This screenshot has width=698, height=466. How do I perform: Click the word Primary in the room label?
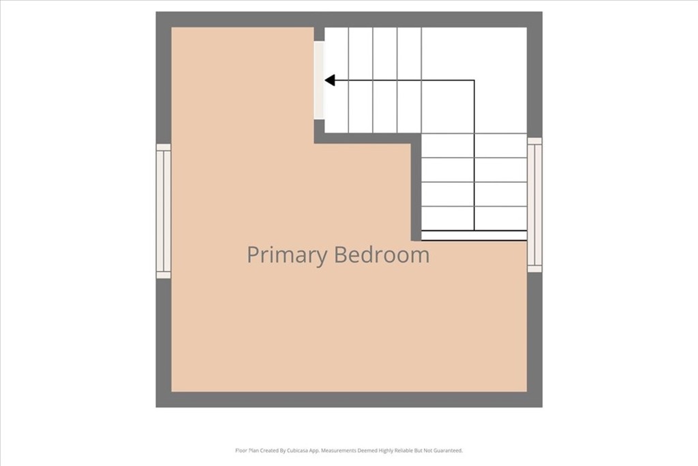pyautogui.click(x=287, y=255)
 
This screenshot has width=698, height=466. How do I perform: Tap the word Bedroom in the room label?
pyautogui.click(x=382, y=254)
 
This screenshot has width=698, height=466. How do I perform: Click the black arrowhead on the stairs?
pyautogui.click(x=330, y=81)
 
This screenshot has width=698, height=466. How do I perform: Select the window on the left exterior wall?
pyautogui.click(x=164, y=212)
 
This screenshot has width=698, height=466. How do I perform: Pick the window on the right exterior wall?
pyautogui.click(x=534, y=205)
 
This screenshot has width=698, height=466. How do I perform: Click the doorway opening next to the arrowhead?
pyautogui.click(x=319, y=81)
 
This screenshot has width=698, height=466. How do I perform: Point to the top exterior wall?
pyautogui.click(x=349, y=20)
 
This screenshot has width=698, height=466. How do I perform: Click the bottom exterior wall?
pyautogui.click(x=349, y=400)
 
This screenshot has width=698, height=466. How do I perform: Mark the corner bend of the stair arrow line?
pyautogui.click(x=474, y=81)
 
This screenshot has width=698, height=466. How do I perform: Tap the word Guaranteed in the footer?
pyautogui.click(x=449, y=450)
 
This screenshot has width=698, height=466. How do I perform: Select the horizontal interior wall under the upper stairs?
pyautogui.click(x=367, y=138)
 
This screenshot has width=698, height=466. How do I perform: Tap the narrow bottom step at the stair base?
pyautogui.click(x=474, y=235)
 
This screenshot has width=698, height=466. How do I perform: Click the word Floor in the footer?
pyautogui.click(x=241, y=450)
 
